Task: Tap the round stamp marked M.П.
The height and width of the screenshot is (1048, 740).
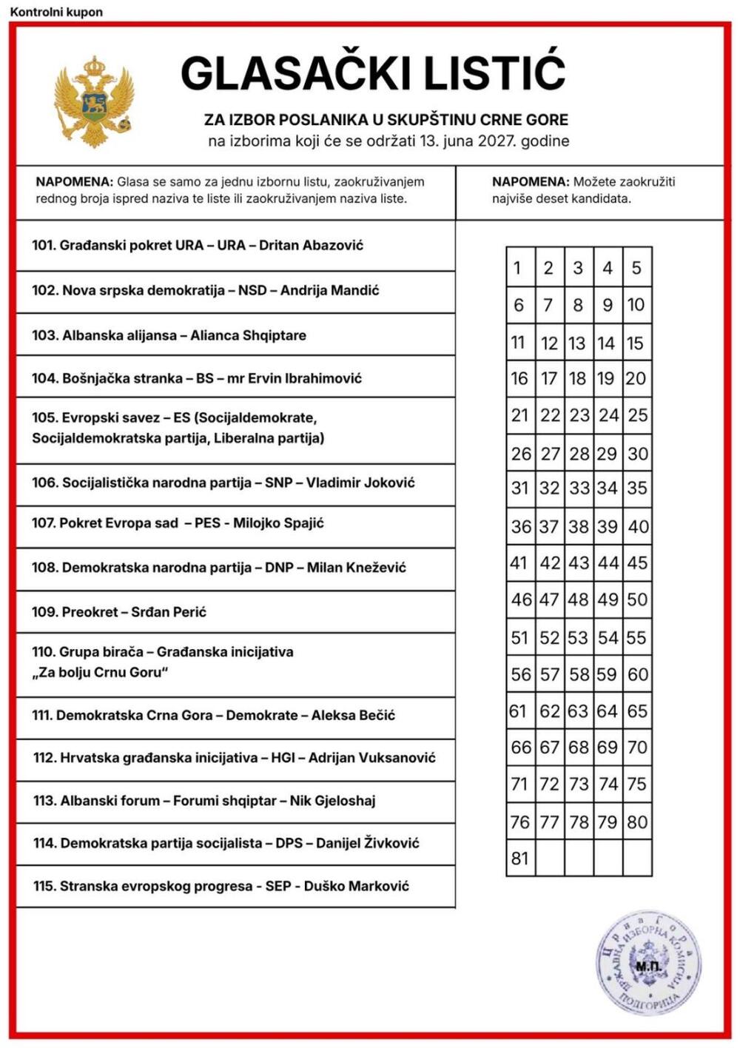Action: [x=648, y=964]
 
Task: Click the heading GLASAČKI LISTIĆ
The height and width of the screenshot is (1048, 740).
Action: [x=373, y=73]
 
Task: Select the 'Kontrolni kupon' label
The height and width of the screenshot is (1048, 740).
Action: [x=56, y=12]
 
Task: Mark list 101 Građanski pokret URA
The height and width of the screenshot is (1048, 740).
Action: [x=198, y=246]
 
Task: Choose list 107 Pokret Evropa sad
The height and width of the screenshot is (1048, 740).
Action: [x=178, y=523]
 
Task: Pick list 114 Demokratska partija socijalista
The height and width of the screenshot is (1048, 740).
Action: [x=226, y=843]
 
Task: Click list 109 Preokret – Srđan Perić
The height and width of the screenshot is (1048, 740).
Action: [x=119, y=612]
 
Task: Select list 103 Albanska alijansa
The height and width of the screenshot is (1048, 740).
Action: [x=169, y=335]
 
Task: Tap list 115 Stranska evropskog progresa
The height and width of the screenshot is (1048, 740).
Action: [x=221, y=886]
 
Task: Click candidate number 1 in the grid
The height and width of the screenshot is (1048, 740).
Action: [x=518, y=268]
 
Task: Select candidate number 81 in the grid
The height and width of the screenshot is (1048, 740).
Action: [x=519, y=859]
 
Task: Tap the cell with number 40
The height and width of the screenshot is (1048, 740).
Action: [x=637, y=527]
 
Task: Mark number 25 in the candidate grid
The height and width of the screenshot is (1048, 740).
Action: [x=637, y=416]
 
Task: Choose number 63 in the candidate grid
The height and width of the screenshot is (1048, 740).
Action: [x=578, y=711]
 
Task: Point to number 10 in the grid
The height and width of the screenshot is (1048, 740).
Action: [x=636, y=305]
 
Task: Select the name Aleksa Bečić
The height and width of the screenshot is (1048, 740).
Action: [x=353, y=716]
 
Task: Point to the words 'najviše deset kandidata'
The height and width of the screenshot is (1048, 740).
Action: [x=562, y=198]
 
